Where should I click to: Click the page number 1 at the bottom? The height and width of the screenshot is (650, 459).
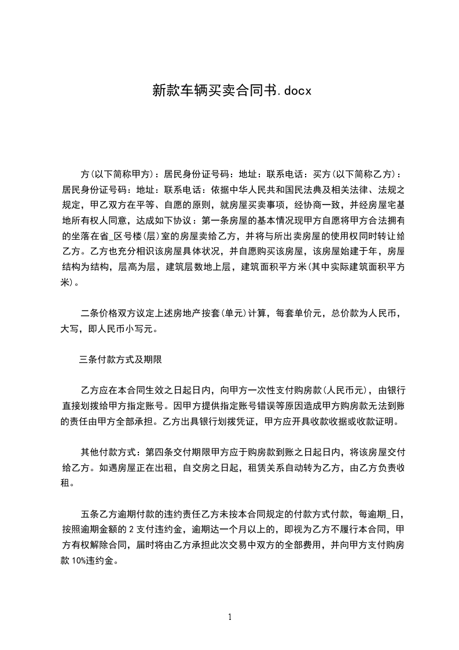click(230, 617)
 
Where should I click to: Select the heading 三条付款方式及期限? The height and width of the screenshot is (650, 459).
click(120, 359)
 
